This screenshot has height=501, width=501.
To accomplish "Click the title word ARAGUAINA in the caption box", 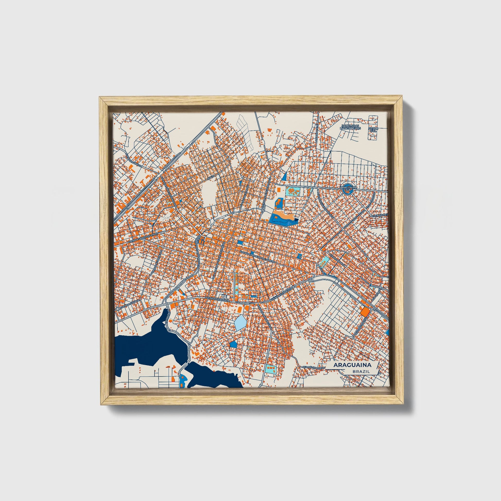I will pos(352,365).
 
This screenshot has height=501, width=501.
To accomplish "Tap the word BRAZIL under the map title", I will pos(361,371).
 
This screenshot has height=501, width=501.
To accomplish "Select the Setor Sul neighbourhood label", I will pos(373,129).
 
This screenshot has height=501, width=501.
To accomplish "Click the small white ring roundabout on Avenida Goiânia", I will pos(118,309).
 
